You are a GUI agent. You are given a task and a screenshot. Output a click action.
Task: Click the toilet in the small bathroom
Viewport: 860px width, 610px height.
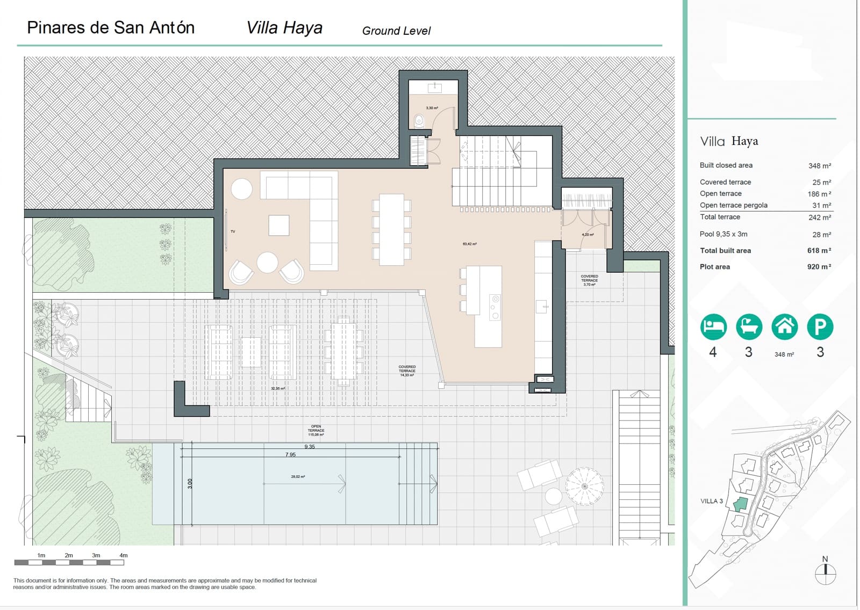coord(419,122)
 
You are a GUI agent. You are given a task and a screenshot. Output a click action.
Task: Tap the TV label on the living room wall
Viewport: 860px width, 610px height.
coord(233,231)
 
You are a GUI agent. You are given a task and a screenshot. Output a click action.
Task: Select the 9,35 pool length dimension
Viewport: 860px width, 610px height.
coord(310,447)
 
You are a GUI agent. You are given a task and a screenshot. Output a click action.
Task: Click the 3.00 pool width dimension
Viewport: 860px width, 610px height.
coord(190,484)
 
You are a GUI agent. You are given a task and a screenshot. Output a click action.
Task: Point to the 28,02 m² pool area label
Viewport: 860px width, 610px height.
coord(298,477)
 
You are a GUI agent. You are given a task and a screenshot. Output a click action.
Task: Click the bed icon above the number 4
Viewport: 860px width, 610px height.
coord(713,326)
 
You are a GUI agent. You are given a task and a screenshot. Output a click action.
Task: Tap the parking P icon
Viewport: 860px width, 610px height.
coord(820,326)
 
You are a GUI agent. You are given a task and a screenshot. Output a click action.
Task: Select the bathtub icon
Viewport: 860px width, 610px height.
coord(749,326)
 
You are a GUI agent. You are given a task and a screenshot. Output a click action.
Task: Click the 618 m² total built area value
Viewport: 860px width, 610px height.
coord(819,251)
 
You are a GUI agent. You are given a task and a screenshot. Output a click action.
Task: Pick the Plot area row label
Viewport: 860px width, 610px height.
coord(714,267)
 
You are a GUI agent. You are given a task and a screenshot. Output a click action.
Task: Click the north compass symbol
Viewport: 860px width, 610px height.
coord(825,574)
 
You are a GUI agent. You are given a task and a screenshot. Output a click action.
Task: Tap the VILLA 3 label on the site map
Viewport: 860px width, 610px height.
coord(712,501)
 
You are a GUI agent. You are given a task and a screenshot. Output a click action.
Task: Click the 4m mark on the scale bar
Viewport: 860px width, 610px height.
coord(124,556)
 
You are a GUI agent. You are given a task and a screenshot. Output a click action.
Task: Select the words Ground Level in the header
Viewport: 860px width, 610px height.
coord(396,31)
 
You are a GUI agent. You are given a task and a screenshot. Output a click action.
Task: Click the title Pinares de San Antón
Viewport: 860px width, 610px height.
coord(111,28)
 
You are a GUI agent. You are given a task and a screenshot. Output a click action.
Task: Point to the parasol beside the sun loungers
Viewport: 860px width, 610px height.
coord(585,486)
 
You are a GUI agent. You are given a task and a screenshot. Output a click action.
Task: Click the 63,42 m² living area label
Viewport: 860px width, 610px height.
coord(470,244)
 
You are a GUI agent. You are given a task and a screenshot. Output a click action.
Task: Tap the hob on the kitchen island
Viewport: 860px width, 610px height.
coord(495,307)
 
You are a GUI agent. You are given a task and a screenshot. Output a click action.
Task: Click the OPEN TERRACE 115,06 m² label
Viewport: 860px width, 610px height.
coord(316,430)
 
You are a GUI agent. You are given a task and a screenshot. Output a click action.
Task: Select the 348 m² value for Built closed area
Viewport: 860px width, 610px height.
coord(819,166)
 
